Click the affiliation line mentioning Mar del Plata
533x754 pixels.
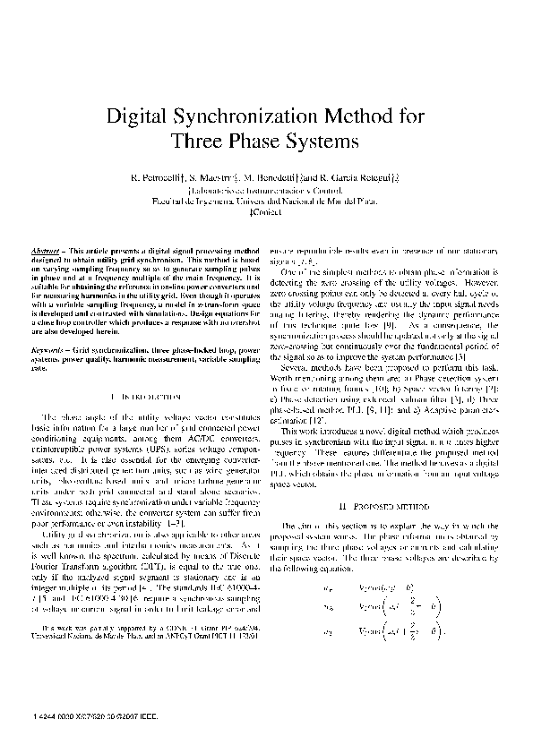pos(266,201)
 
